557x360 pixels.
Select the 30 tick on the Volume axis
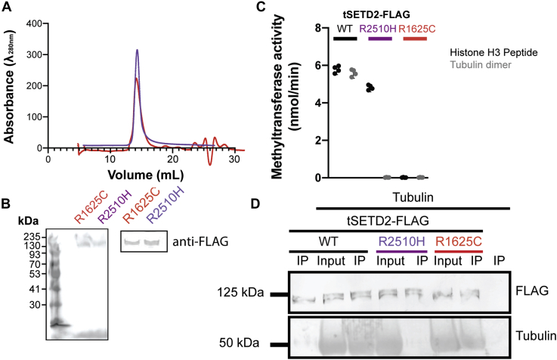tap(234, 160)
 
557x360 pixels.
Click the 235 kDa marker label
tap(31, 235)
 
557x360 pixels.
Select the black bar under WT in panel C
tap(345, 38)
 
